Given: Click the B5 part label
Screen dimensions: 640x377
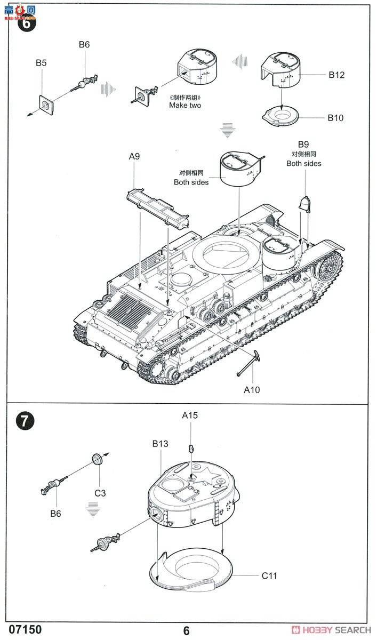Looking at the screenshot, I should [x=41, y=63].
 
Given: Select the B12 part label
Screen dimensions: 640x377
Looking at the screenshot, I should [x=336, y=75].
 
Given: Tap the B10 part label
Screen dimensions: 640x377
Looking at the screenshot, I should [x=335, y=118].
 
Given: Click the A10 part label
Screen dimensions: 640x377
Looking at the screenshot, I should [x=252, y=389].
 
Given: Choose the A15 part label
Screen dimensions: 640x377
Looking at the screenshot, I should [x=189, y=415].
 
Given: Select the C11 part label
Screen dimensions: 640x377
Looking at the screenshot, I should [x=269, y=575].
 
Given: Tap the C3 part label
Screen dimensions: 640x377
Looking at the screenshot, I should [x=100, y=493].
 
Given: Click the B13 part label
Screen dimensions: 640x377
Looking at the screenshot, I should [x=160, y=443].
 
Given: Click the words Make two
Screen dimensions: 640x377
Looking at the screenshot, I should [x=185, y=105].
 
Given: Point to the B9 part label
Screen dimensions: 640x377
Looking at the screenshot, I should [x=303, y=144].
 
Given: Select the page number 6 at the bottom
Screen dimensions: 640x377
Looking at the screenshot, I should [x=186, y=630].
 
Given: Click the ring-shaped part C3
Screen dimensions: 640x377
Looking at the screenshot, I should [x=98, y=459].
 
